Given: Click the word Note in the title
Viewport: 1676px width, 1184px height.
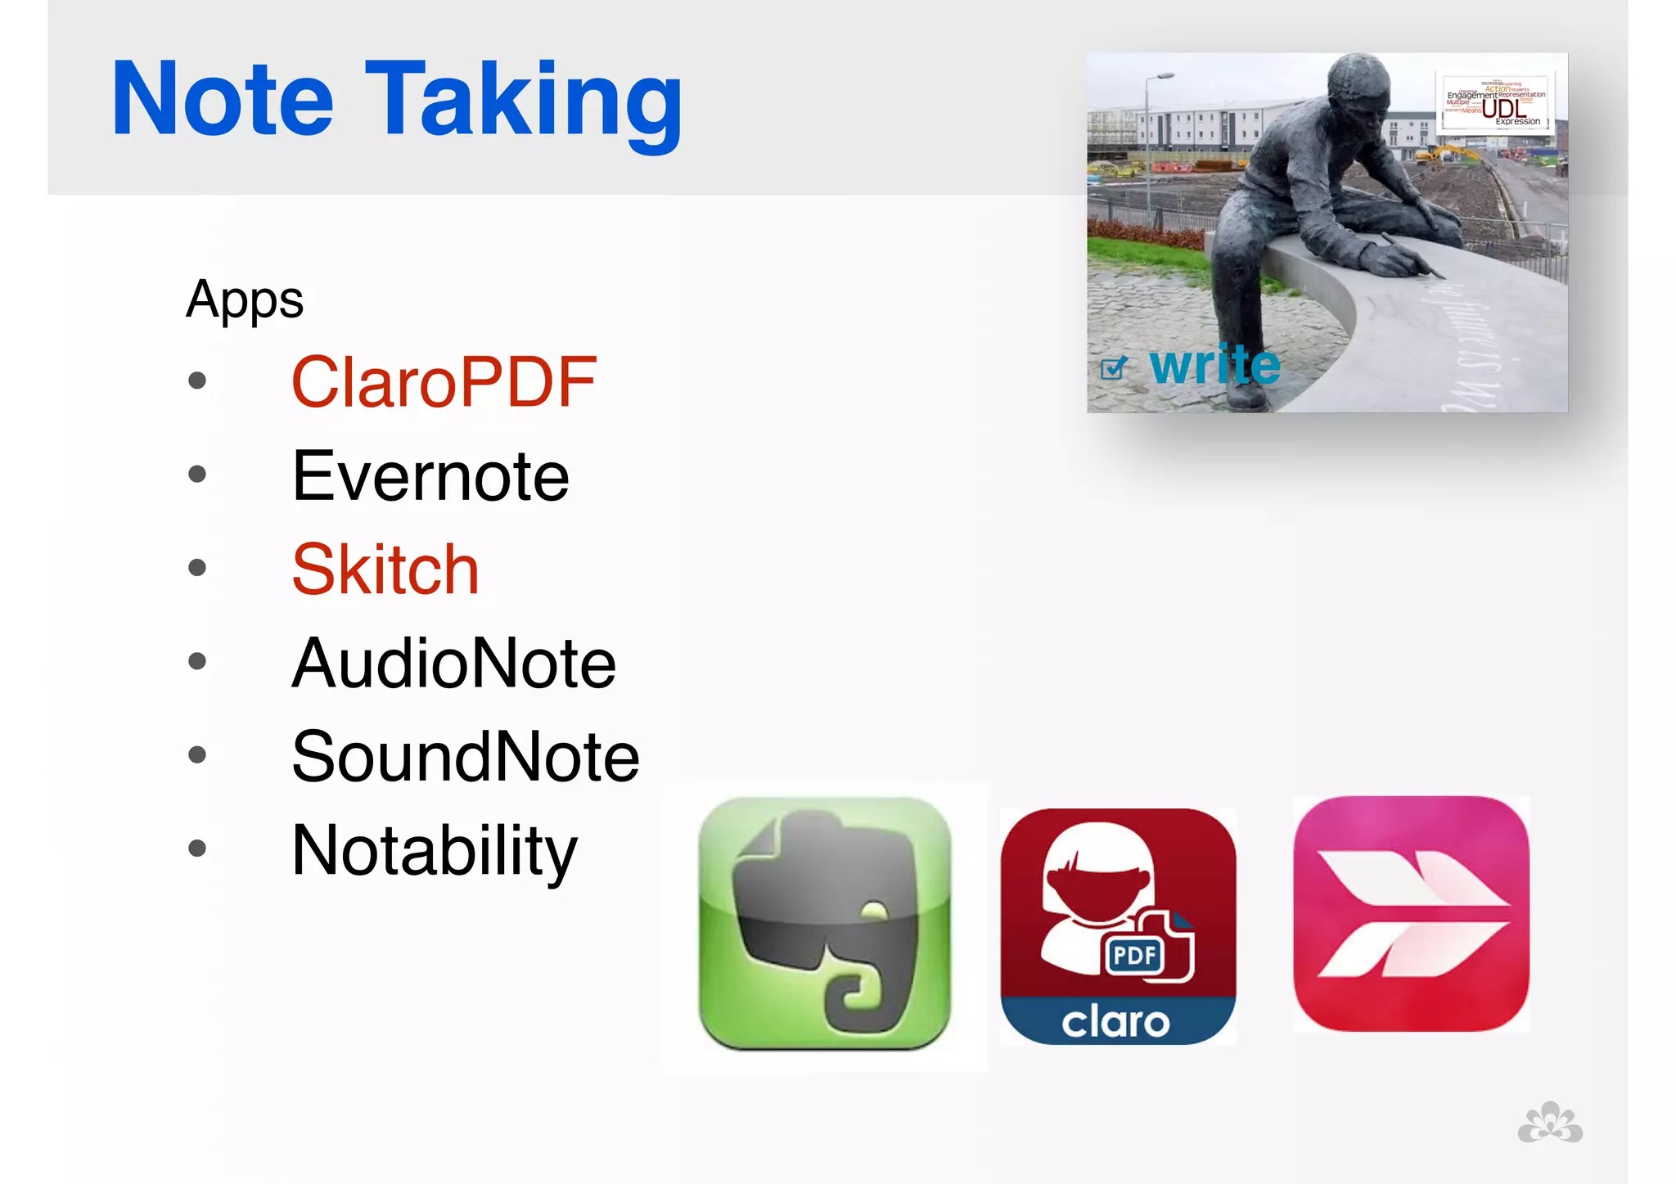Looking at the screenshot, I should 223,100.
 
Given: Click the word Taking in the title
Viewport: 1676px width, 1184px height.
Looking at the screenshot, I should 524,102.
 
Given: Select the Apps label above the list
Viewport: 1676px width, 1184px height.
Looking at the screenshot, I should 245,299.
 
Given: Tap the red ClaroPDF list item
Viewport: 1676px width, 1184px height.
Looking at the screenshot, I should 444,382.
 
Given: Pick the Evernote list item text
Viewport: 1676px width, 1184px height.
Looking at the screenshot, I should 430,476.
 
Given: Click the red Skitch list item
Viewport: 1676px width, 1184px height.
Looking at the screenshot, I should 385,569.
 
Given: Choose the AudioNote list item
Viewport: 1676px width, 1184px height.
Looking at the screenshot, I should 454,663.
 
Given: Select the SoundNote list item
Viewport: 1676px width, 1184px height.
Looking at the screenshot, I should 466,757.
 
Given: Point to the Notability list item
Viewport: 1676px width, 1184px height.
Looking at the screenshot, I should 435,851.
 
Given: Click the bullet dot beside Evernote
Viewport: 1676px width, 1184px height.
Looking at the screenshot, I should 197,474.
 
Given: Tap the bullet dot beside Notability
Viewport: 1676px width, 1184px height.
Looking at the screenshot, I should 197,848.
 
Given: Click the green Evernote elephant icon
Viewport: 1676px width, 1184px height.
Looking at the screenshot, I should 824,924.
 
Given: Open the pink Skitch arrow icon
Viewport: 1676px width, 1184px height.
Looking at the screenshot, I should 1411,914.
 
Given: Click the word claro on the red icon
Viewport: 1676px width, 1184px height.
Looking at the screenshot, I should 1116,1023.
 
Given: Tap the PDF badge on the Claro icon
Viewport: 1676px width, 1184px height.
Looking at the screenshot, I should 1135,955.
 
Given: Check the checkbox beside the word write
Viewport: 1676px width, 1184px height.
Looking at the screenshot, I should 1113,369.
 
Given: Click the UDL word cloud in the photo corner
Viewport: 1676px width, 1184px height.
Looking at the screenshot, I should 1495,101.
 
